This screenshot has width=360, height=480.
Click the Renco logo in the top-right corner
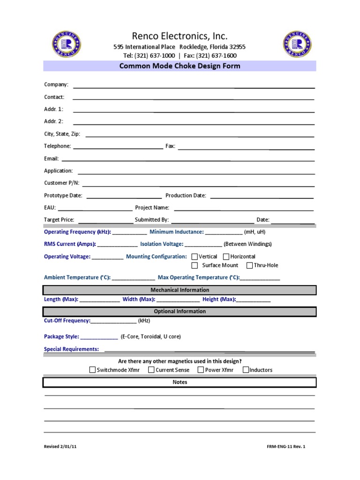coord(297,45)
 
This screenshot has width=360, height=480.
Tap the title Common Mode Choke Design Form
coord(180,66)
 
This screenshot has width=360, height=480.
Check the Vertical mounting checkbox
coord(195,256)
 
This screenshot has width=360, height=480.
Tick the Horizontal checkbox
coord(226,256)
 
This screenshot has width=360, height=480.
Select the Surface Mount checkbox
coord(195,265)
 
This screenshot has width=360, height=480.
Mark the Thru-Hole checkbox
coord(249,265)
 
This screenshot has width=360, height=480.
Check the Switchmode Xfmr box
coord(92,370)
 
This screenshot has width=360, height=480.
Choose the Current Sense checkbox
coord(151,370)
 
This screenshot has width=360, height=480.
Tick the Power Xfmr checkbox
coord(201,370)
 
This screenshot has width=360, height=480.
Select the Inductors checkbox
coord(246,370)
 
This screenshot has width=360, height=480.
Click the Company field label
coord(56,85)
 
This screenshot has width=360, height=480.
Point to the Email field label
coord(51,159)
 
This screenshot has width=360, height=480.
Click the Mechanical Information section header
coord(180,290)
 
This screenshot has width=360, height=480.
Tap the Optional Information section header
coord(180,311)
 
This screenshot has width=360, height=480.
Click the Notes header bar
coord(180,382)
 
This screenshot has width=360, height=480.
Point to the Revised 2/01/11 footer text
coord(60,447)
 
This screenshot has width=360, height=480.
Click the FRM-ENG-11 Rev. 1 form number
coord(285,447)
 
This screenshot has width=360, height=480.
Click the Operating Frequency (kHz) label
coord(77,232)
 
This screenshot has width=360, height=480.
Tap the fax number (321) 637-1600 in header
coord(217,56)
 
